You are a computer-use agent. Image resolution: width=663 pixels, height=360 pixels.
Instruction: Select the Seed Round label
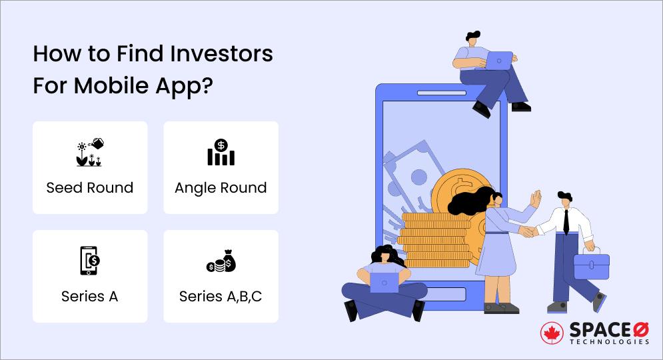(89, 188)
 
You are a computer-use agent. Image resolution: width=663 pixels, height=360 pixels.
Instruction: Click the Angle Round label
(221, 188)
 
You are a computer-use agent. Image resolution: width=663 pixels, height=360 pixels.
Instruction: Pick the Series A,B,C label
(221, 297)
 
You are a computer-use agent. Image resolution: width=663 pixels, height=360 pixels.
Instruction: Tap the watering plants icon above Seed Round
(89, 153)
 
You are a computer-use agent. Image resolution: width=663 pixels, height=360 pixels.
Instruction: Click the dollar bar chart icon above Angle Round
(221, 153)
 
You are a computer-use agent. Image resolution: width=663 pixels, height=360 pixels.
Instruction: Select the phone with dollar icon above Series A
(89, 260)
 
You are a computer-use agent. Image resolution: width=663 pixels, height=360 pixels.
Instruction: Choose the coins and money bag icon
(221, 261)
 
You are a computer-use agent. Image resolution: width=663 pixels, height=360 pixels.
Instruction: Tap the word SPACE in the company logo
(594, 329)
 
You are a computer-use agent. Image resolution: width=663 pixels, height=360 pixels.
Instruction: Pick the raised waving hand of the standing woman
(536, 198)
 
